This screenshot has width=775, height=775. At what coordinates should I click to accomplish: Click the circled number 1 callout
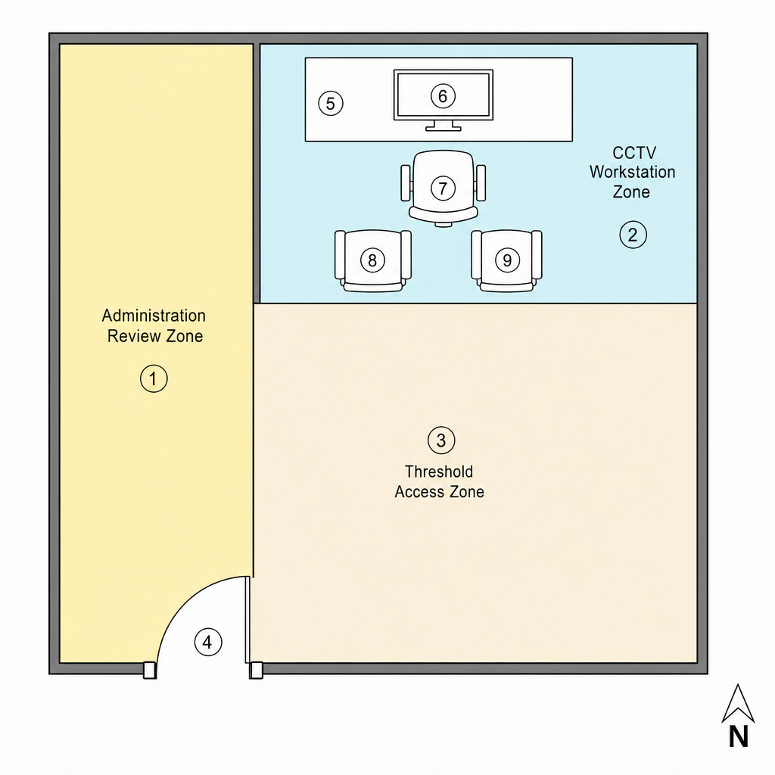154,378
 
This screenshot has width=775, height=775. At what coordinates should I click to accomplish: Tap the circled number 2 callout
633,235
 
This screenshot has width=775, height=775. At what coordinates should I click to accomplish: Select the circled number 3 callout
441,440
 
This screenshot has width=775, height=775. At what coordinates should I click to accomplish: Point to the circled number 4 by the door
208,642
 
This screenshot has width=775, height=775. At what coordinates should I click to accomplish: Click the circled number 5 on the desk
331,103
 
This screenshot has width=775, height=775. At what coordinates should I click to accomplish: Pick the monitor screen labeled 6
444,95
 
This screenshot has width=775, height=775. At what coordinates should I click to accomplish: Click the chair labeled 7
444,188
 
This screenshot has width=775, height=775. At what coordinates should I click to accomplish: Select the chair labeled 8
372,260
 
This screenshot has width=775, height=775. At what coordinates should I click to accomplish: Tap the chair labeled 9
506,260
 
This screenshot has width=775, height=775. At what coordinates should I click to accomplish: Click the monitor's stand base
444,129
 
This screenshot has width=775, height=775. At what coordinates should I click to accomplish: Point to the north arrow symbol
738,704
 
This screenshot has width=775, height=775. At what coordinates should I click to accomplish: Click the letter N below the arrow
739,736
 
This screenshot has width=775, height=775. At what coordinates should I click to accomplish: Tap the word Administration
154,316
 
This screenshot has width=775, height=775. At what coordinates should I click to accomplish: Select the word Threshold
439,472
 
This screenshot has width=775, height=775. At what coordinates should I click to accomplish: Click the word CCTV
634,153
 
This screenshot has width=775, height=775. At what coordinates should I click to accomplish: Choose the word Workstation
632,172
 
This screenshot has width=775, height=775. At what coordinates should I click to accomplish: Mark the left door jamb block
150,671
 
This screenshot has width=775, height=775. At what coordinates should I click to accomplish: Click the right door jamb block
256,671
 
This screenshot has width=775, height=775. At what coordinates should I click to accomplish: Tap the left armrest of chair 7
406,183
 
